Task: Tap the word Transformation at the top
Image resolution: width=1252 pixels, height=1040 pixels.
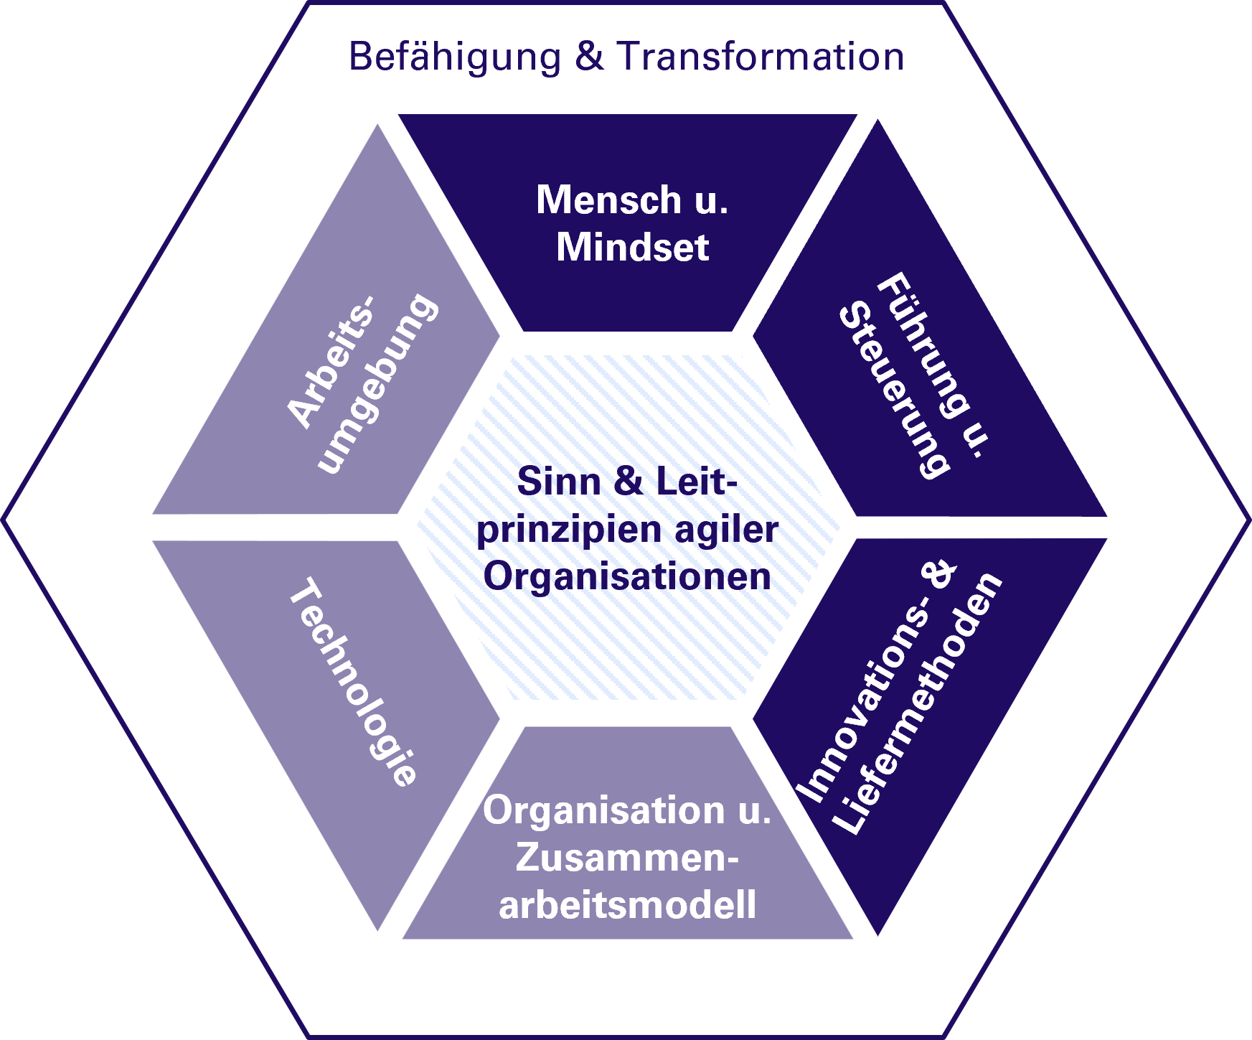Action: [760, 56]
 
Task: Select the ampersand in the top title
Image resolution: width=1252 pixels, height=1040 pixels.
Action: [589, 56]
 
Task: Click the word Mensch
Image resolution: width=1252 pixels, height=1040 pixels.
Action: [608, 200]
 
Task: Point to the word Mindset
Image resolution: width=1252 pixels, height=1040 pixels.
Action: [633, 248]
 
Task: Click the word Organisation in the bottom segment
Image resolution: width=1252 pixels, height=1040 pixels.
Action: [604, 810]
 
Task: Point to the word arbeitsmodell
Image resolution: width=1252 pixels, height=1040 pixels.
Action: [627, 904]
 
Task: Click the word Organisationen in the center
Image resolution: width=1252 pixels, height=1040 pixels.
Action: [627, 576]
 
